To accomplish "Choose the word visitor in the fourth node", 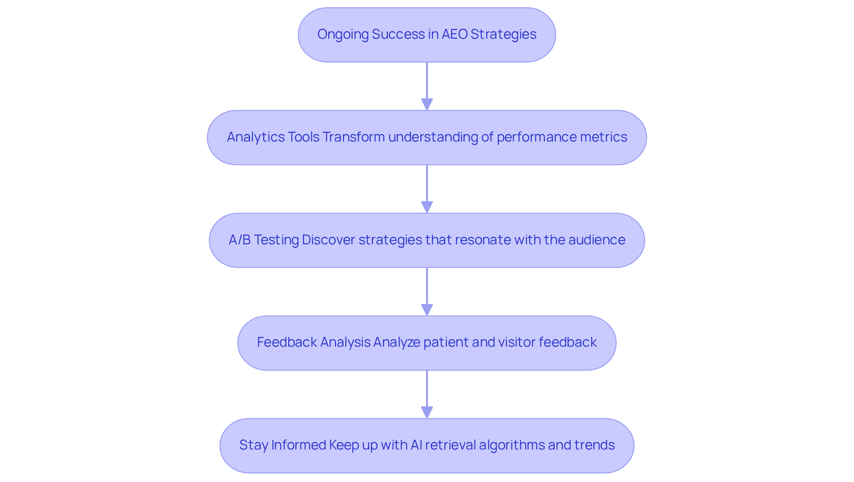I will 516,342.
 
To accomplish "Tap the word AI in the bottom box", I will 416,445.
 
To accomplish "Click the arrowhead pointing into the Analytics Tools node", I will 427,105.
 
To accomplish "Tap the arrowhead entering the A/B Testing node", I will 427,207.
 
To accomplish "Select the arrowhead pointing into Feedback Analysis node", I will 427,310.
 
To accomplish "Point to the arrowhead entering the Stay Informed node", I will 427,413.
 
